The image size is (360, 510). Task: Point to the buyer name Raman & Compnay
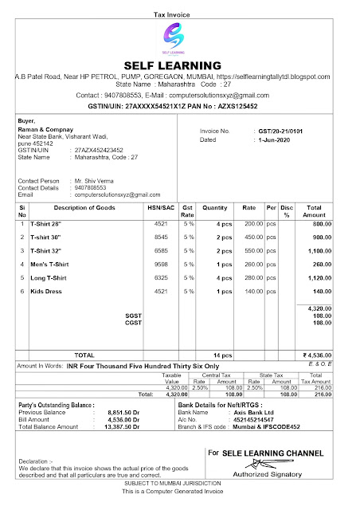coord(45,129)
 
